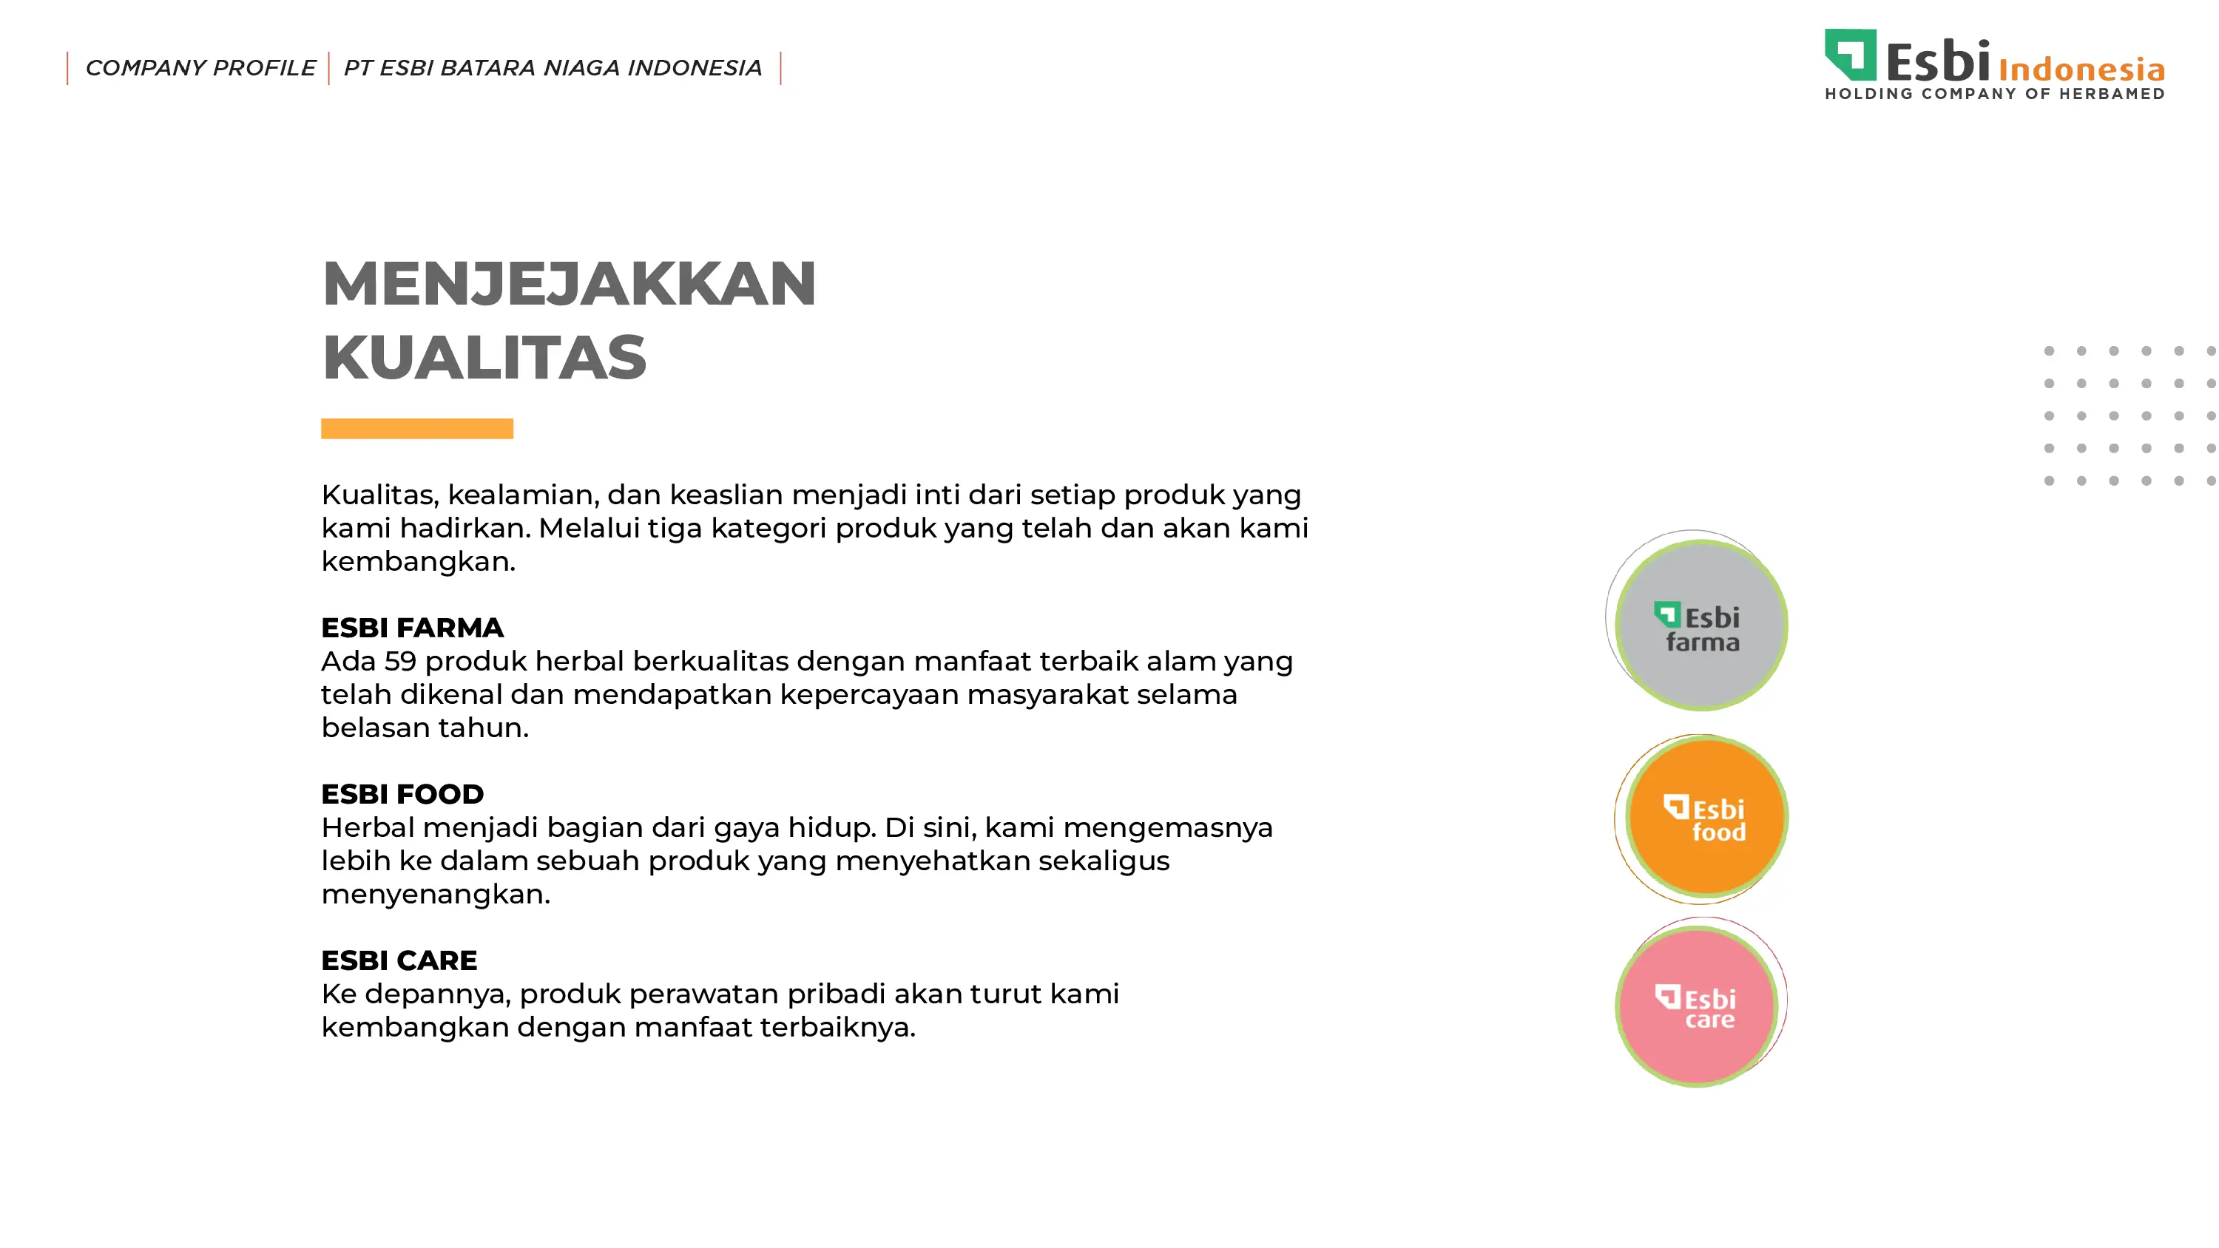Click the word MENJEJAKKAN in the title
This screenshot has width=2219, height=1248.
pyautogui.click(x=569, y=283)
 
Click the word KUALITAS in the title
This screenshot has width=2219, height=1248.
pyautogui.click(x=484, y=357)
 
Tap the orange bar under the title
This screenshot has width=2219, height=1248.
pyautogui.click(x=417, y=428)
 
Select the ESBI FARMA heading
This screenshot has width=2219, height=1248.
pyautogui.click(x=412, y=628)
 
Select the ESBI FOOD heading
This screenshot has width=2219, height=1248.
pyautogui.click(x=402, y=794)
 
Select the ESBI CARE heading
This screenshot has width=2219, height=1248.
pyautogui.click(x=399, y=960)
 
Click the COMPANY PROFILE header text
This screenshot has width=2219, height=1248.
pyautogui.click(x=200, y=68)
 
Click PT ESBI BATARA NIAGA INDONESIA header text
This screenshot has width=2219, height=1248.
pyautogui.click(x=553, y=68)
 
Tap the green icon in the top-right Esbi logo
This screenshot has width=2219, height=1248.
pyautogui.click(x=1851, y=54)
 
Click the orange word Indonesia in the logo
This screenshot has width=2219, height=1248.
pyautogui.click(x=2081, y=69)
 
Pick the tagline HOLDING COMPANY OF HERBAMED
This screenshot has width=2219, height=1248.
pyautogui.click(x=1995, y=93)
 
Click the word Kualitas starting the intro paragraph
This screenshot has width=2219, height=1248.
pyautogui.click(x=380, y=495)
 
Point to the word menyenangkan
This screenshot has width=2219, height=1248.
pyautogui.click(x=435, y=895)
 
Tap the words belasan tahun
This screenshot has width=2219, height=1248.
pyautogui.click(x=425, y=728)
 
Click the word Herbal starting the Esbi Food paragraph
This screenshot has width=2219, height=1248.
pyautogui.click(x=368, y=828)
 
